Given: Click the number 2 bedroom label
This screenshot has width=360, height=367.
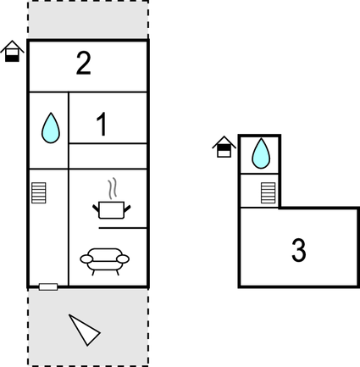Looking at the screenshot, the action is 84,64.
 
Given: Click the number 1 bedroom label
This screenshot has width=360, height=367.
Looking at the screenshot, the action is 102,124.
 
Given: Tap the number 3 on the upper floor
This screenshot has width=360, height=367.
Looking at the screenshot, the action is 299,250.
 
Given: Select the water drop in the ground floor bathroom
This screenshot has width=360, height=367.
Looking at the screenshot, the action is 51,128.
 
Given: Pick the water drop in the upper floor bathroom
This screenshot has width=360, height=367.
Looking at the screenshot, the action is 261,153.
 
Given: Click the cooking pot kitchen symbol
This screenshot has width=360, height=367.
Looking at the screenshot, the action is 112,210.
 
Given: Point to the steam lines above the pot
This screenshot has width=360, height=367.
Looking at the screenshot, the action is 113,187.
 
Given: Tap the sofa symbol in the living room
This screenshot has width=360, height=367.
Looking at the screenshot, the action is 104,261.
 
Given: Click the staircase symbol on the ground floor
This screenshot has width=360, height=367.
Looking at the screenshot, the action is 39,193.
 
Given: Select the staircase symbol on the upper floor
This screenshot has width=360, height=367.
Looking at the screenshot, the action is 268,193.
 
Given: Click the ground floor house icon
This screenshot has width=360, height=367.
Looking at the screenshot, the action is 12,51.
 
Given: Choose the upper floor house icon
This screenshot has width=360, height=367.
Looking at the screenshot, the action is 224,147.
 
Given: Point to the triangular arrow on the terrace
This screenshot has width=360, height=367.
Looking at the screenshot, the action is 84,330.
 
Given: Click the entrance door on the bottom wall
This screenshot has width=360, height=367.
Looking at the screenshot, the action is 48,287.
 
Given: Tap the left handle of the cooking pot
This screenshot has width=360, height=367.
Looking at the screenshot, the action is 96,209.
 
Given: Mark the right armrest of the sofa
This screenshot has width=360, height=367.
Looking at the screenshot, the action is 123,259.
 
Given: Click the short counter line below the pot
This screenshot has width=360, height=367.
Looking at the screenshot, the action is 123,228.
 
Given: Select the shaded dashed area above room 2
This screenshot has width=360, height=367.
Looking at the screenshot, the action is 88,19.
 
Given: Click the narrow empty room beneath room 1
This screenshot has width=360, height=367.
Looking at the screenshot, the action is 108,156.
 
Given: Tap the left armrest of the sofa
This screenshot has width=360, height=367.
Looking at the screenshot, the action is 86,259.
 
